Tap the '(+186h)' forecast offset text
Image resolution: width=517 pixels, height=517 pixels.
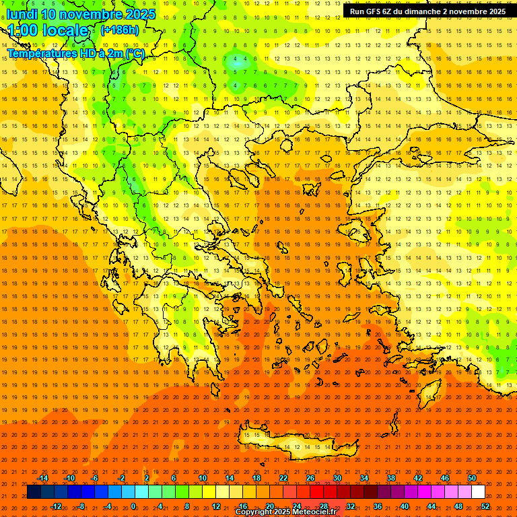coord(119,30)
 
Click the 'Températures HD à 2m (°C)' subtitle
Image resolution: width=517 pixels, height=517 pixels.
coord(76,53)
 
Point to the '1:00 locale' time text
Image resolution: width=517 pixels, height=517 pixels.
coord(47,31)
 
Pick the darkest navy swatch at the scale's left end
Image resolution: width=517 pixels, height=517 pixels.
coord(34,492)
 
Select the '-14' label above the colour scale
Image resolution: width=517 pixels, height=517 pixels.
coord(42,478)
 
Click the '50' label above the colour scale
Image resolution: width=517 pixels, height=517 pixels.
coord(472,478)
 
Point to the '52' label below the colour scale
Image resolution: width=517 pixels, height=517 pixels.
coord(485,506)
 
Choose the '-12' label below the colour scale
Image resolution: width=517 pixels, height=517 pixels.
coord(56,506)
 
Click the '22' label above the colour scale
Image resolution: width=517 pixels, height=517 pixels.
coord(283,478)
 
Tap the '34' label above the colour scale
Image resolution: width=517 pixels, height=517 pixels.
coord(364,478)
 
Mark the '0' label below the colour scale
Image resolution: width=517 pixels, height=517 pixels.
coord(133,506)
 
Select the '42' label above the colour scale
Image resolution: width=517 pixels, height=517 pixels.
coord(418,478)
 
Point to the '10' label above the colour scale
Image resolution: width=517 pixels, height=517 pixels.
coord(203,478)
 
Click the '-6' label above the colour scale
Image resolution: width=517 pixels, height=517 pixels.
coord(95,478)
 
